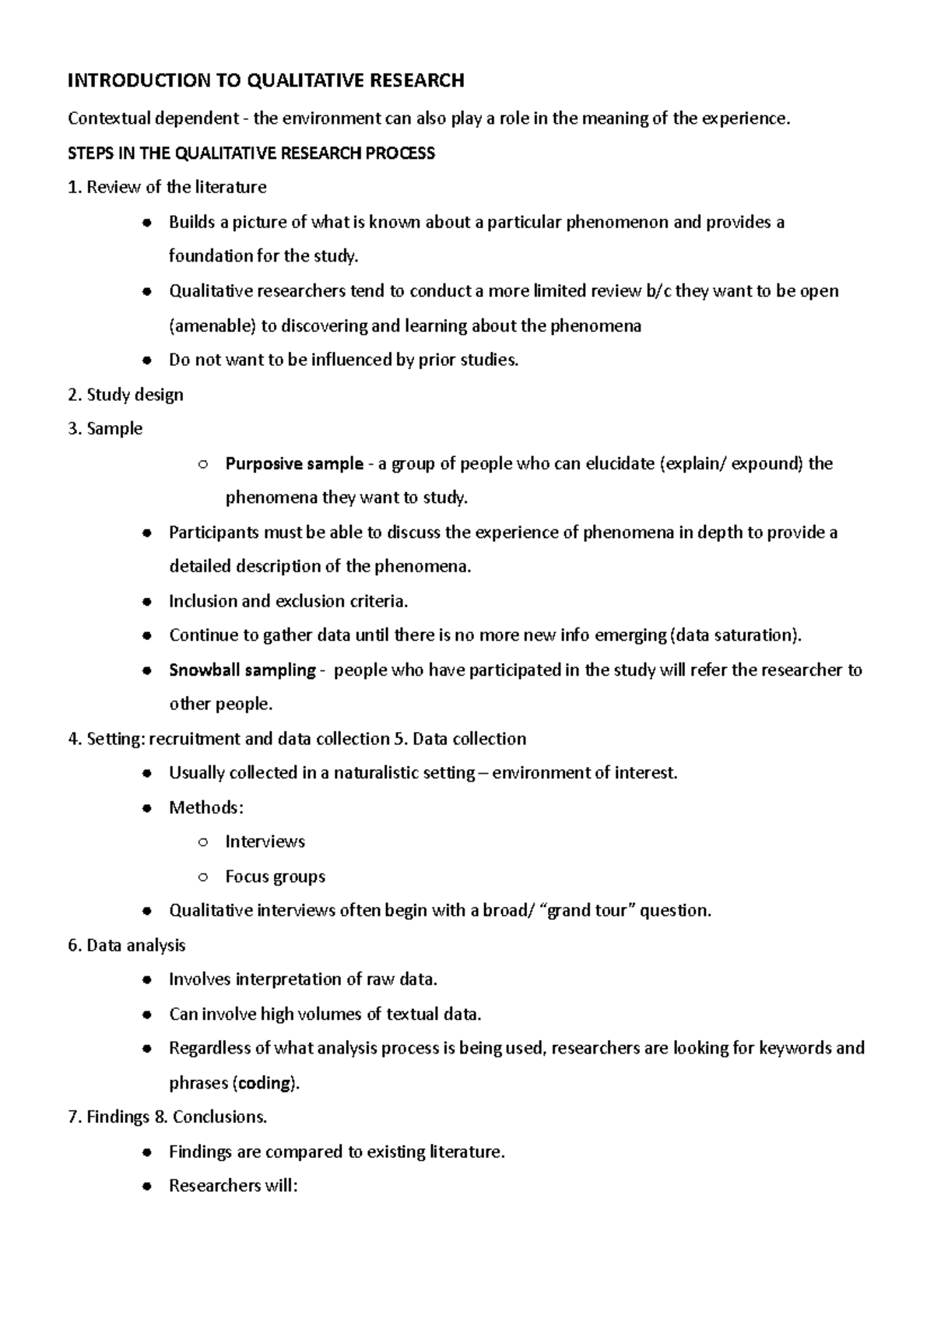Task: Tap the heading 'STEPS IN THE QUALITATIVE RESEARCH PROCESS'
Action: coord(251,153)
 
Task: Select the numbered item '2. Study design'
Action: coord(125,395)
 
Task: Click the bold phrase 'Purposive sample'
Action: coord(294,464)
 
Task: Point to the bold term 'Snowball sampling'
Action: coord(242,670)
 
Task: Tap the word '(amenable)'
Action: coord(212,326)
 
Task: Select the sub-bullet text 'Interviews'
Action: coord(265,842)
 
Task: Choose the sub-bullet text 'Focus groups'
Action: coord(275,877)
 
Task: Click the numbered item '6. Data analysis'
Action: coord(126,945)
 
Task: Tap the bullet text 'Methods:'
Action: coord(206,807)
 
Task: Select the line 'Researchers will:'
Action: coord(233,1186)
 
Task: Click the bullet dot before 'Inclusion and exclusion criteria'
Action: coord(146,602)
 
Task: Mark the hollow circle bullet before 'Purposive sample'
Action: coord(202,465)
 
